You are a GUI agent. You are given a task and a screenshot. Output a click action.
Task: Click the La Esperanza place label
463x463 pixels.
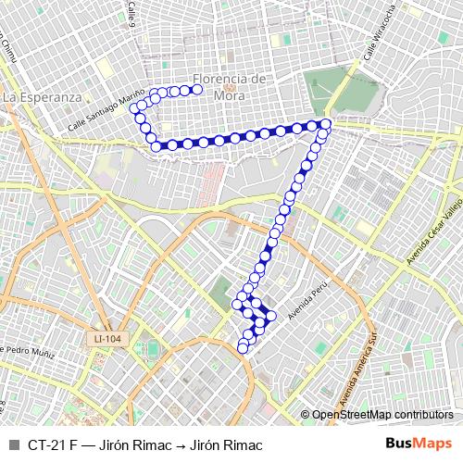point(43,95)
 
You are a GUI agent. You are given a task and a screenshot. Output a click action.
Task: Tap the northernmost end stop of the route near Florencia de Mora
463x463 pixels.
point(197,89)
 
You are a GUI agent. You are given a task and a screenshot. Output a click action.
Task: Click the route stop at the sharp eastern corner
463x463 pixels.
point(326,124)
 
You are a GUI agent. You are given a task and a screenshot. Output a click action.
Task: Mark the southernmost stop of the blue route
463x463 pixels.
point(244,348)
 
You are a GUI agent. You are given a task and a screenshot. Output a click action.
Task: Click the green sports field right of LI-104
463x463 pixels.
point(152,348)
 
